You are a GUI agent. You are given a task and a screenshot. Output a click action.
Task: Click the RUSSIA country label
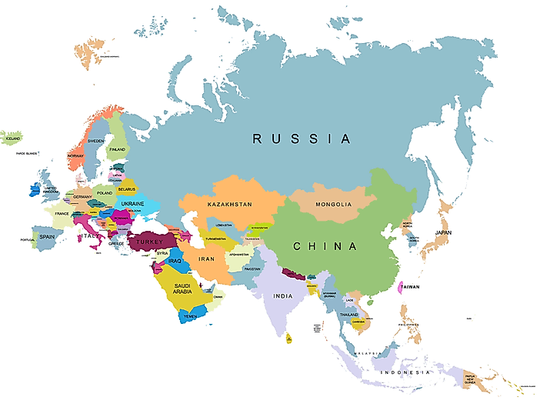302,139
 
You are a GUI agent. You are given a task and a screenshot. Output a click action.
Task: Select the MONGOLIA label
333,205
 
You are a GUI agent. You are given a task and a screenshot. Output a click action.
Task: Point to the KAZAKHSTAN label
229,205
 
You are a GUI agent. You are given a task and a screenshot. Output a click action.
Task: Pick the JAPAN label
444,232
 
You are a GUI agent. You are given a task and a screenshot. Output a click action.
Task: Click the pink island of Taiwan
398,288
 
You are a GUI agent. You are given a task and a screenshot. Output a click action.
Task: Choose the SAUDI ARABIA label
182,289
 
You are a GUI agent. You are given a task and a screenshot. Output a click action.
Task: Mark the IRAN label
208,259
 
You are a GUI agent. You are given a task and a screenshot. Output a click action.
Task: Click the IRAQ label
175,261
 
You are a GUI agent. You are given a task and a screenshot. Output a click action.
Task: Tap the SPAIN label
48,237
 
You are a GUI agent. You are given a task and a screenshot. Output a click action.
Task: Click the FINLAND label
117,149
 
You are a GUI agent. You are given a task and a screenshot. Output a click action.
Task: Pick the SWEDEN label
96,142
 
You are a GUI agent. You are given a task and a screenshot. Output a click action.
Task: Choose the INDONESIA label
405,372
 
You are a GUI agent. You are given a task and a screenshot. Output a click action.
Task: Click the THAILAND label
349,314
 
